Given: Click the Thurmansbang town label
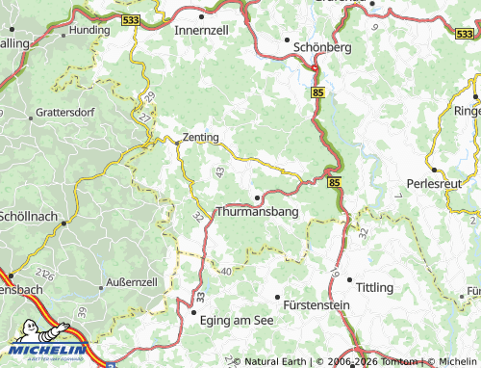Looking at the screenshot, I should (x=258, y=211).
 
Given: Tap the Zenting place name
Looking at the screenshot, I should (x=200, y=138).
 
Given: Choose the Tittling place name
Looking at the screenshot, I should (x=375, y=288).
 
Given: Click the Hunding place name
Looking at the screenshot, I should (x=89, y=31).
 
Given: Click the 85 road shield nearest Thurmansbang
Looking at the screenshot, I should (x=334, y=181).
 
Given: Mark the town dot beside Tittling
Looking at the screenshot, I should (x=349, y=281).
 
